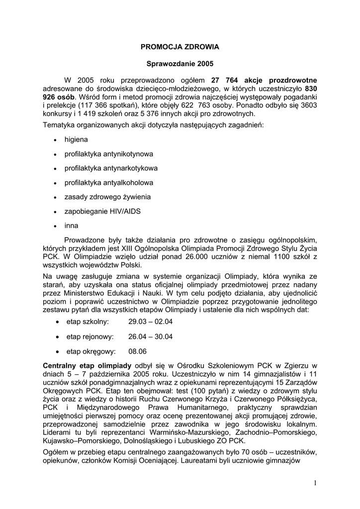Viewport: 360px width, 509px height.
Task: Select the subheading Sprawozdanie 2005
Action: pos(180,64)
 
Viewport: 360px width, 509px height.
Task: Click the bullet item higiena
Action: pos(76,140)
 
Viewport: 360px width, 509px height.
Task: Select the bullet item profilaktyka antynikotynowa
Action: pos(108,154)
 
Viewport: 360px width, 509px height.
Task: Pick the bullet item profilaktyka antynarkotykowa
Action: pos(111,168)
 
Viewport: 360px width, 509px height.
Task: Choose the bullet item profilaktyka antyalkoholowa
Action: pos(109,182)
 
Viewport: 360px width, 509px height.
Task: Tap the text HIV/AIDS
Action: pos(124,211)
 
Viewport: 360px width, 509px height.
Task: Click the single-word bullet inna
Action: pos(71,225)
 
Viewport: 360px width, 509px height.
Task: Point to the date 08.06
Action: pos(137,351)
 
